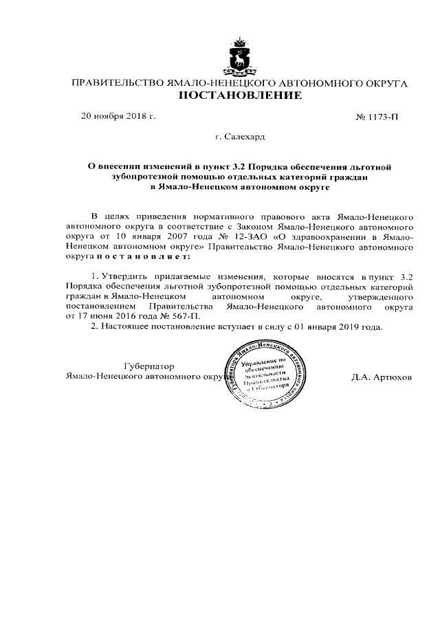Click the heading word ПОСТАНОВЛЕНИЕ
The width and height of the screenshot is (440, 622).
tap(240, 96)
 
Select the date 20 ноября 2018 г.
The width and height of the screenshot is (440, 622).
tap(119, 116)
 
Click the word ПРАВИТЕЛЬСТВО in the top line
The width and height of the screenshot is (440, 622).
tap(114, 83)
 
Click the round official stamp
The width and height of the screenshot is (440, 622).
tap(265, 377)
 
